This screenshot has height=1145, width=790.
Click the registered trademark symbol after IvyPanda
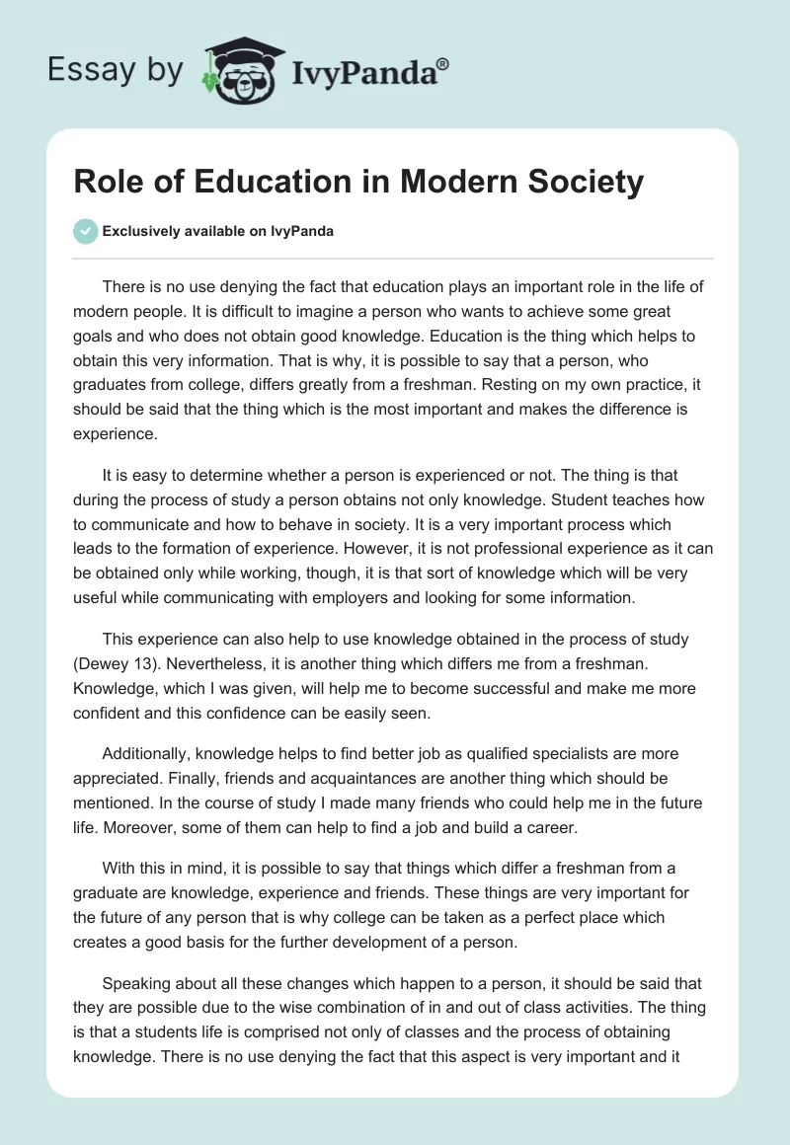[443, 64]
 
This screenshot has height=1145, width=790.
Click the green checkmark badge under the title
[85, 231]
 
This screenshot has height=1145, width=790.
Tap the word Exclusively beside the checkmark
[139, 231]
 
